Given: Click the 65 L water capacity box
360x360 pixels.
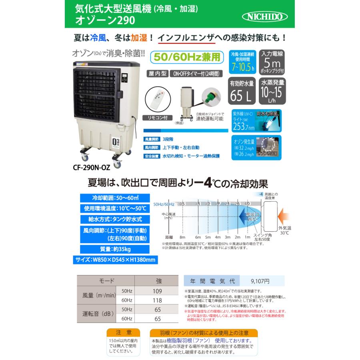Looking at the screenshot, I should tap(242, 92).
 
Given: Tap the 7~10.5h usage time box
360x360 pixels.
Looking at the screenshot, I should tap(242, 62).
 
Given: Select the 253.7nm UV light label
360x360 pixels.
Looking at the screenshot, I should tap(242, 123).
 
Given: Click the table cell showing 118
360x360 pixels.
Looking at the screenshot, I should tap(157, 300).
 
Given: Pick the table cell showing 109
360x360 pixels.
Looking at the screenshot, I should tap(157, 291).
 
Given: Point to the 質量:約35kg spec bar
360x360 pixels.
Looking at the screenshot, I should tap(114, 249).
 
